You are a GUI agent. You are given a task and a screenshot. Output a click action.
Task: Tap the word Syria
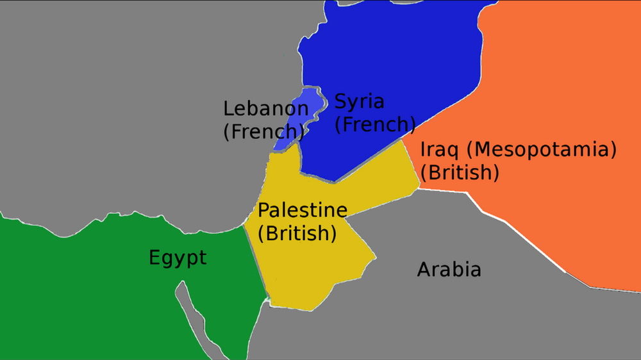360,101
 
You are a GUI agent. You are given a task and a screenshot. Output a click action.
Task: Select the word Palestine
303,210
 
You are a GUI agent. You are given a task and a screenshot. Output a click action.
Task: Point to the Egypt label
178,258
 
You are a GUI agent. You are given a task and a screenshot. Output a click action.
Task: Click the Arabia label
449,270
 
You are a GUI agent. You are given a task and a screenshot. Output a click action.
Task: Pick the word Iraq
440,151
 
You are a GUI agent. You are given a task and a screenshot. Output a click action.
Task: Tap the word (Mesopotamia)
542,151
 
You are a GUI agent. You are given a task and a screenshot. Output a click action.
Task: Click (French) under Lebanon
263,131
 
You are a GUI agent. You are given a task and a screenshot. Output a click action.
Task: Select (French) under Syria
376,124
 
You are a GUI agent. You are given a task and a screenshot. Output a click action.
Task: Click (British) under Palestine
297,234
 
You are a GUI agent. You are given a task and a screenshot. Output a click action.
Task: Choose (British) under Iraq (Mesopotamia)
463,172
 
